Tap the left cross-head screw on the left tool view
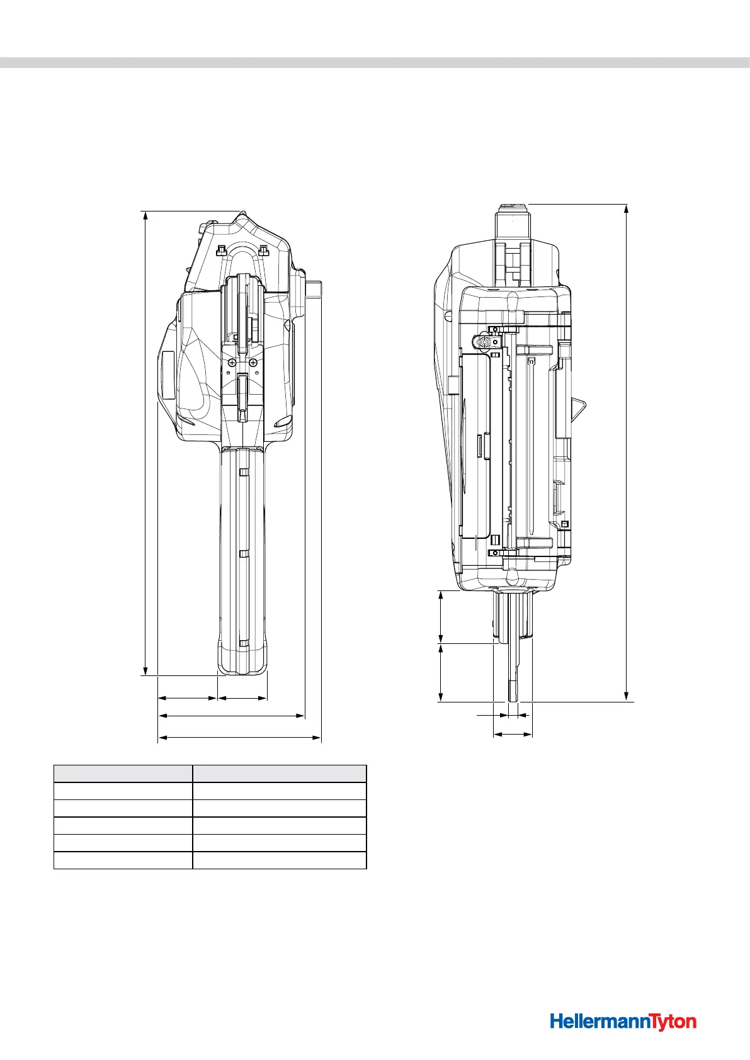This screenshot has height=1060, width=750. click(x=232, y=363)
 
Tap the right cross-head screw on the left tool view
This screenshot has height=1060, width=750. click(x=253, y=363)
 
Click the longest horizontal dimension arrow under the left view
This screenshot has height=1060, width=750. click(x=239, y=736)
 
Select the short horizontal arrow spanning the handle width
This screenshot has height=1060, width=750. click(x=242, y=697)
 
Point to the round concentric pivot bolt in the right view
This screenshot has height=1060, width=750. click(x=484, y=341)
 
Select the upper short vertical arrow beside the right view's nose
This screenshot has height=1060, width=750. click(x=441, y=617)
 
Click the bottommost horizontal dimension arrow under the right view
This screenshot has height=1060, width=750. click(x=513, y=734)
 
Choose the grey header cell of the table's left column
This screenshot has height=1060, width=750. click(x=123, y=774)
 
